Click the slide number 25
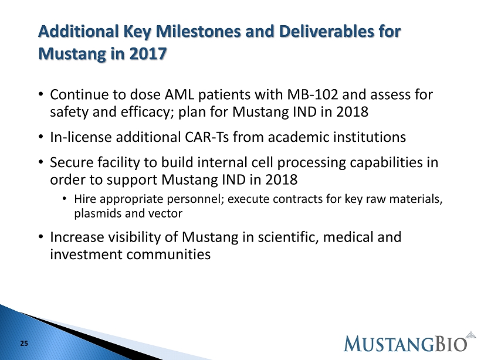pyautogui.click(x=24, y=344)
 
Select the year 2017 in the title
pyautogui.click(x=148, y=54)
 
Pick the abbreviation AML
pyautogui.click(x=179, y=94)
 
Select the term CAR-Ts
pyautogui.click(x=206, y=137)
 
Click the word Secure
pyautogui.click(x=72, y=162)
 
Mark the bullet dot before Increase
pyautogui.click(x=41, y=237)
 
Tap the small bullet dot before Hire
pyautogui.click(x=64, y=199)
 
